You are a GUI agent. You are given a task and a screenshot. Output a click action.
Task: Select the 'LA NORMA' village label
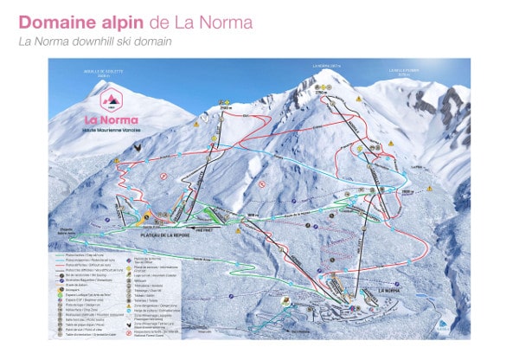394,291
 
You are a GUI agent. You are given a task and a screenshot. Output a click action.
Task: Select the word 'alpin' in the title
118,22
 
